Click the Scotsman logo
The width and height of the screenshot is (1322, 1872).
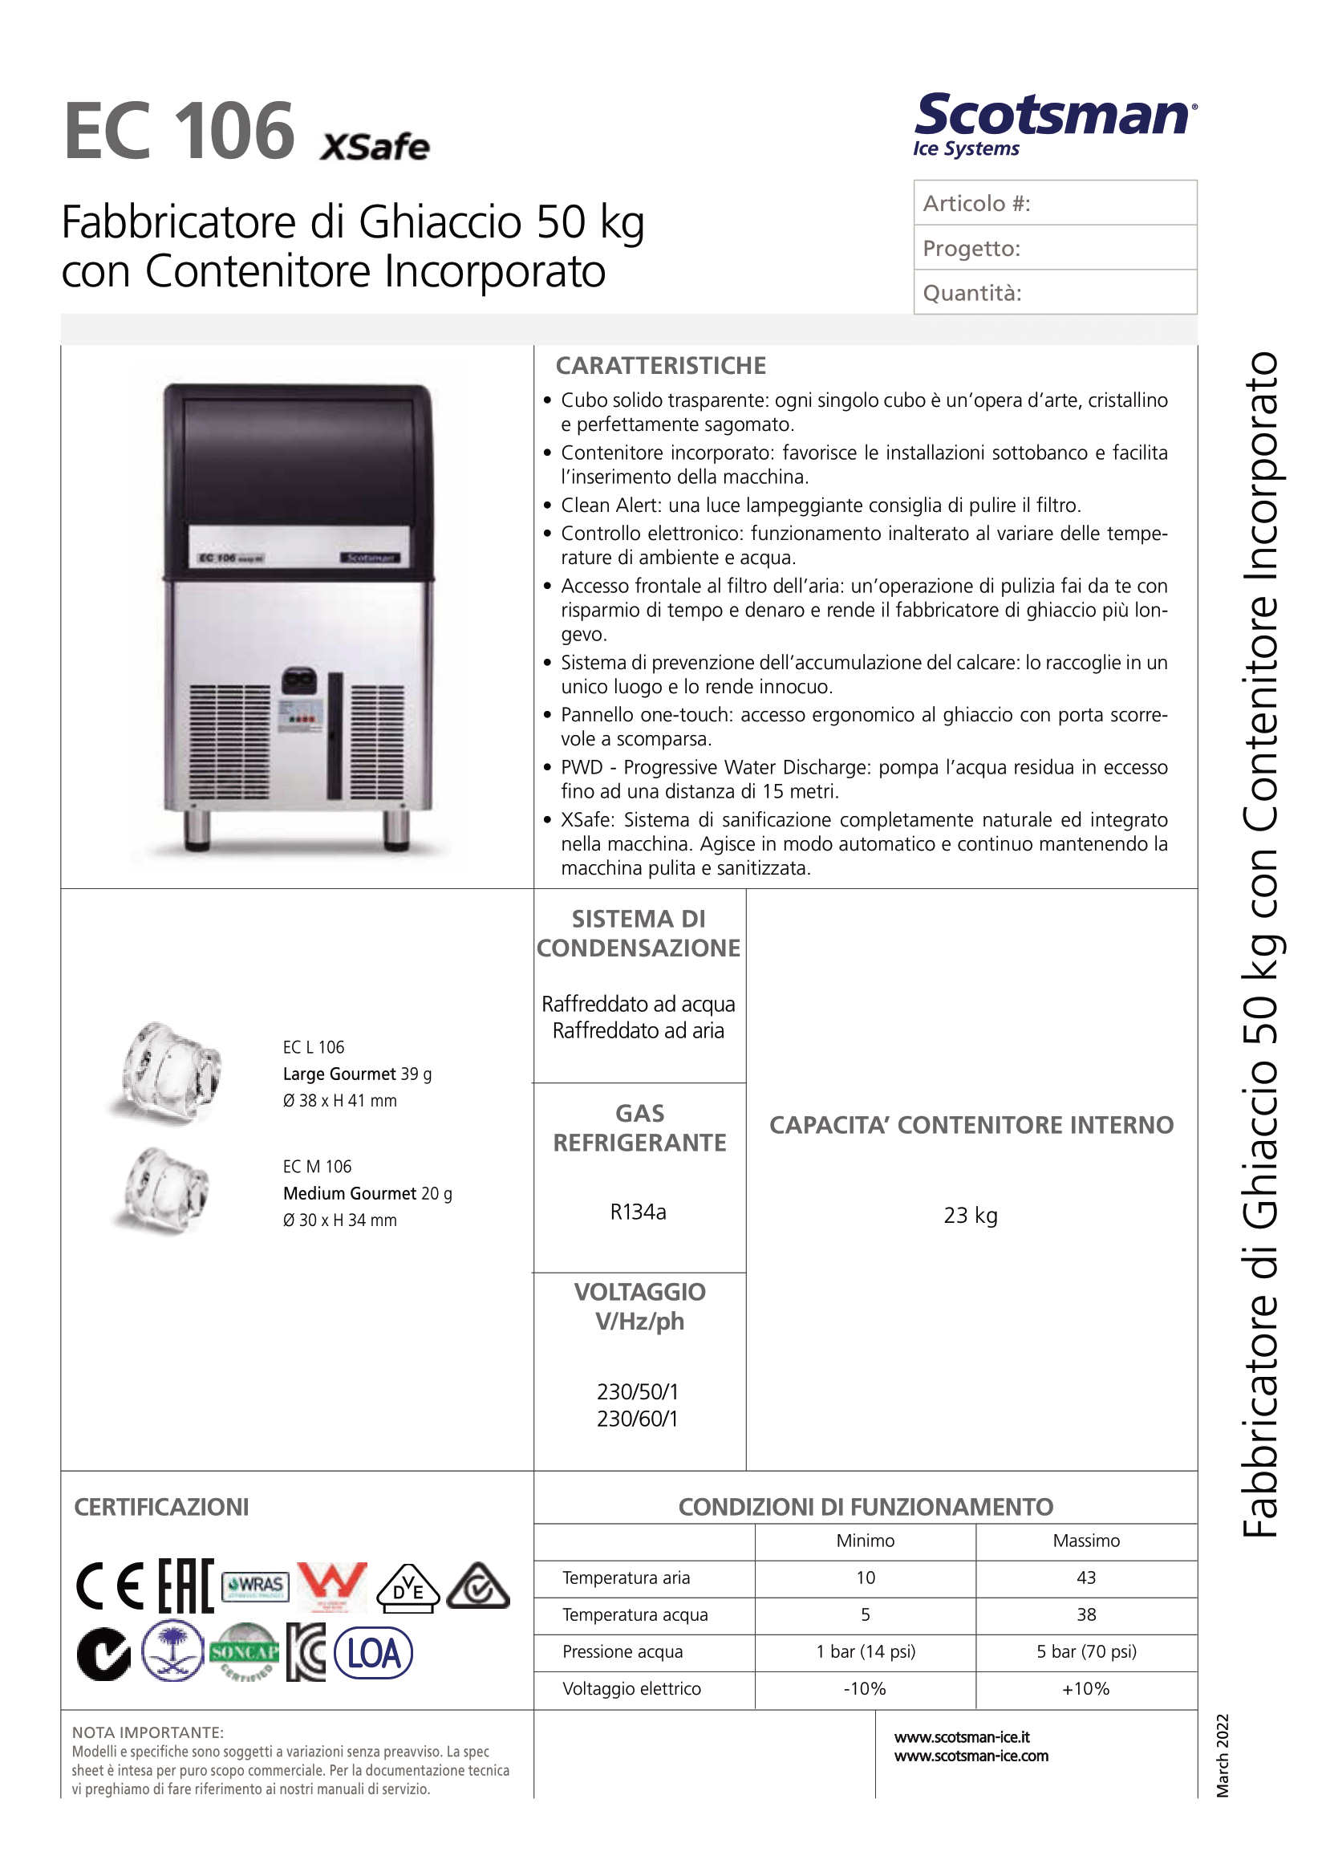(1055, 122)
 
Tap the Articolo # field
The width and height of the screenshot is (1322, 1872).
(1055, 203)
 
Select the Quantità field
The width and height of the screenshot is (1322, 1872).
(1055, 293)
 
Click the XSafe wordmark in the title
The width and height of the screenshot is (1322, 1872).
(374, 147)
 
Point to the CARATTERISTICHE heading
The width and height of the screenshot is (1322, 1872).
(660, 366)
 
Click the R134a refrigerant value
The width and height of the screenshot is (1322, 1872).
(639, 1212)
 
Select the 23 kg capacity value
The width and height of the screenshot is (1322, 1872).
(970, 1216)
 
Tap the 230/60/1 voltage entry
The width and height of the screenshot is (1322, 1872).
(638, 1419)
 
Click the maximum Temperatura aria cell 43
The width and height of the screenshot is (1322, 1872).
(1085, 1578)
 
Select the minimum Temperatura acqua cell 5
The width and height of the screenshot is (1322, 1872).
(865, 1614)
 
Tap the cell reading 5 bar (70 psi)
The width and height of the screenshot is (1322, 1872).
(1085, 1651)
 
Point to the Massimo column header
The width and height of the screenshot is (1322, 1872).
(1085, 1541)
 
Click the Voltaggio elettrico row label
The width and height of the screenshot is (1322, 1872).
(631, 1688)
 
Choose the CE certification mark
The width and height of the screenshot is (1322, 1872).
(110, 1586)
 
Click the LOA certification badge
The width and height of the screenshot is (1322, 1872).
(374, 1654)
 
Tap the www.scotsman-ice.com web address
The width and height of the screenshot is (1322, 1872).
(971, 1756)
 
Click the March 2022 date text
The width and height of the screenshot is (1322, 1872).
(1222, 1756)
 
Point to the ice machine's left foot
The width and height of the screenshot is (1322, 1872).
(197, 829)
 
